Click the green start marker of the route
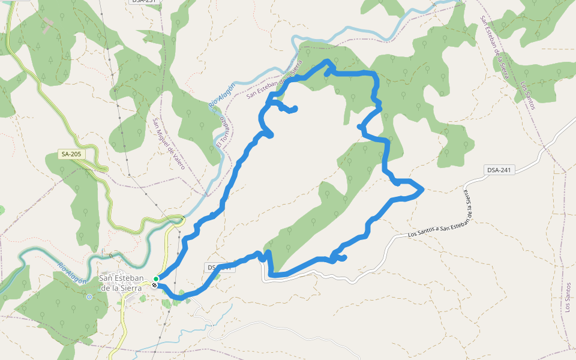[156, 279]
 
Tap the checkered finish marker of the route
[155, 285]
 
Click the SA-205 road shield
[71, 154]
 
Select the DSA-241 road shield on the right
[499, 170]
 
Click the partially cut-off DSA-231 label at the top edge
[143, 2]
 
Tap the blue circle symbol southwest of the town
[89, 296]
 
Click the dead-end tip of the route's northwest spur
[295, 108]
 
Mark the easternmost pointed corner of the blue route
[423, 190]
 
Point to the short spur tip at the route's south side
[345, 258]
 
